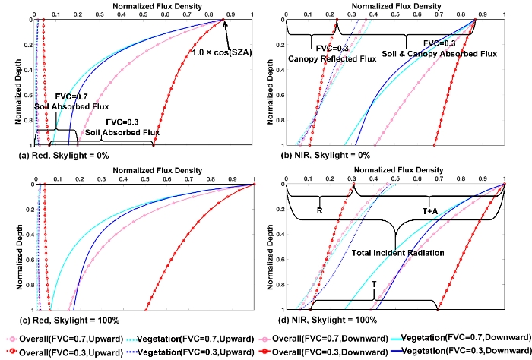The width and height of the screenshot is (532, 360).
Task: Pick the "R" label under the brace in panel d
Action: click(320, 210)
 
